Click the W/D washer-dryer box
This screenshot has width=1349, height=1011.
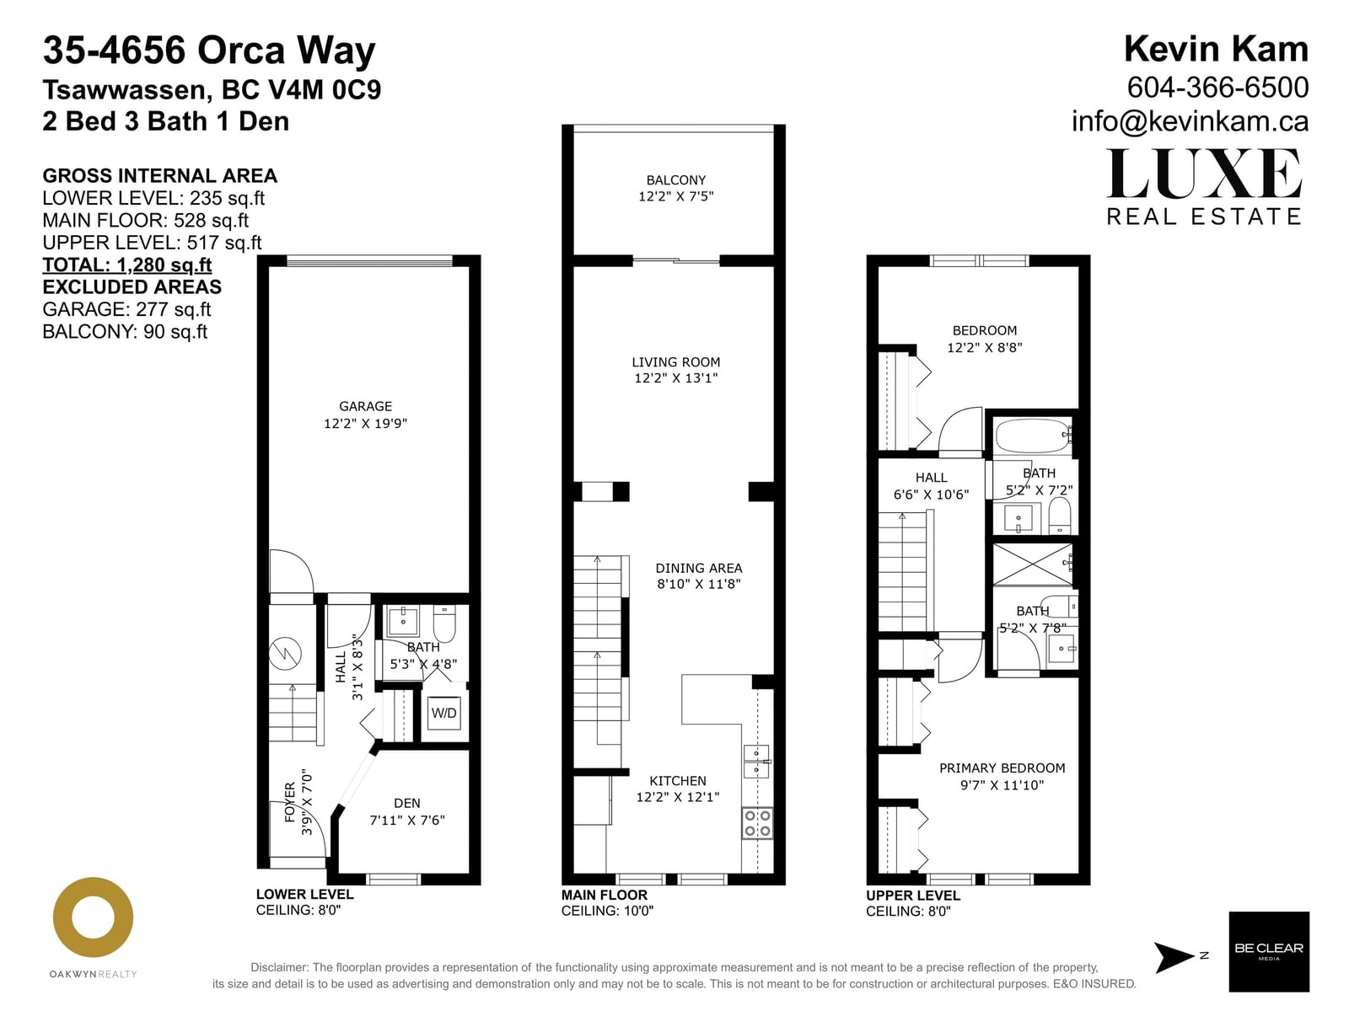click(x=443, y=712)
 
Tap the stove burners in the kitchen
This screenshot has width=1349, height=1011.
click(x=757, y=823)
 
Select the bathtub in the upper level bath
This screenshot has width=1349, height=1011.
click(x=1033, y=436)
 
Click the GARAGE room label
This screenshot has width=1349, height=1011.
click(x=365, y=406)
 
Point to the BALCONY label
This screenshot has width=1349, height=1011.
click(x=675, y=179)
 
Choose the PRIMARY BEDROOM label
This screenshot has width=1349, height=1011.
click(x=1002, y=768)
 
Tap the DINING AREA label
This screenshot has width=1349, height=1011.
click(x=699, y=568)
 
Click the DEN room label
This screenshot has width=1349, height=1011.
click(x=407, y=803)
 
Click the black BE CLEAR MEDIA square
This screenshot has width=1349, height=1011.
click(x=1269, y=951)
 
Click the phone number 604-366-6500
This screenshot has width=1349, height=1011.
click(x=1217, y=88)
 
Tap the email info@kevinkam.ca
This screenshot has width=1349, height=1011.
click(x=1190, y=121)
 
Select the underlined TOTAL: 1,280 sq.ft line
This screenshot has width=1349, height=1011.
click(x=127, y=265)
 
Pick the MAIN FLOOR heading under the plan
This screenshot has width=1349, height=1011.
click(x=605, y=895)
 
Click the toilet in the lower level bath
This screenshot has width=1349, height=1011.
click(x=443, y=623)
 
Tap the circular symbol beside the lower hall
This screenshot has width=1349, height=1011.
click(x=285, y=653)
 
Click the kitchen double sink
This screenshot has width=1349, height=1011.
click(x=756, y=761)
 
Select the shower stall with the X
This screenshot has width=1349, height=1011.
click(x=1033, y=564)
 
